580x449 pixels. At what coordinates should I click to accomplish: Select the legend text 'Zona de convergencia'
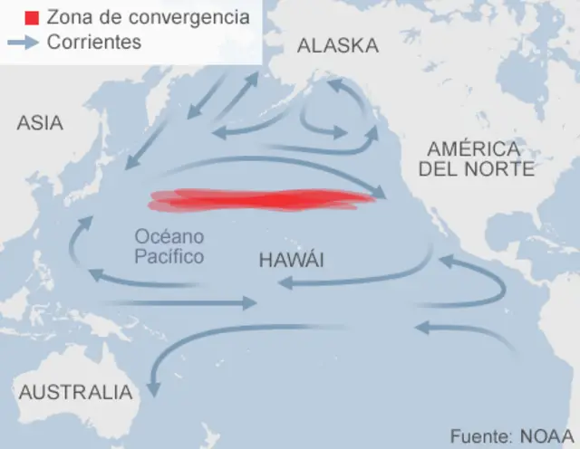point(147,17)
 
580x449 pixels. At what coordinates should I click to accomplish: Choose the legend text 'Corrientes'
point(93,43)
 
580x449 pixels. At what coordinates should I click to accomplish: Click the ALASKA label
point(338,46)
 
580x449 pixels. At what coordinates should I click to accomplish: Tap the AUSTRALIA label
point(75,393)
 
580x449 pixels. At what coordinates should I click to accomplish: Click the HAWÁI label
point(292,261)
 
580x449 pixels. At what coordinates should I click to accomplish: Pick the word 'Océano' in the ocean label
point(169,237)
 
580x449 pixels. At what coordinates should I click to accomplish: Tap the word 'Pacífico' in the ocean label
point(169,257)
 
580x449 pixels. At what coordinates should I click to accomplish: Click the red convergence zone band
point(263,199)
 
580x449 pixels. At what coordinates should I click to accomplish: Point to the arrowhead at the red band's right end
point(382,195)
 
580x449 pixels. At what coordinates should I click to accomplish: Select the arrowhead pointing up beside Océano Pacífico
point(84,222)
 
